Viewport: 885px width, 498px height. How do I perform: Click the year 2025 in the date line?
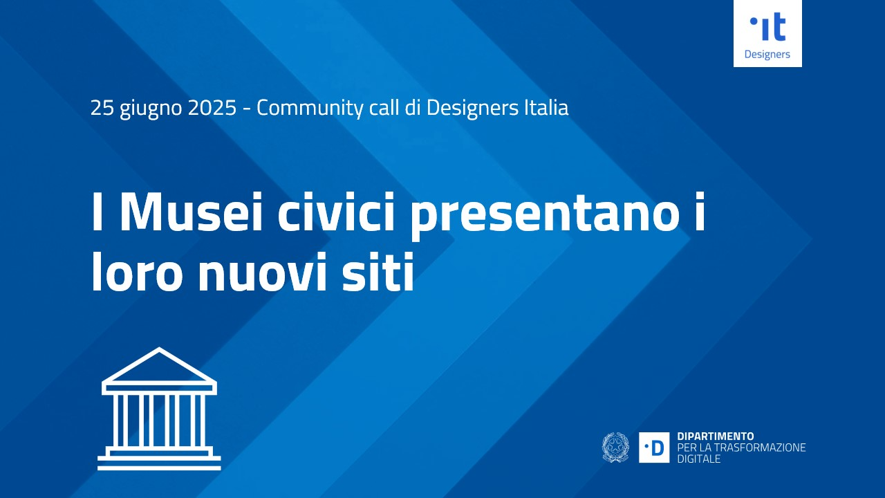(212, 108)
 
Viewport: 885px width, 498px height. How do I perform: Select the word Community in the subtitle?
(309, 109)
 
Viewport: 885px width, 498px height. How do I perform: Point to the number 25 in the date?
(102, 108)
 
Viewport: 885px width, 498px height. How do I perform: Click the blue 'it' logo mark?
(767, 27)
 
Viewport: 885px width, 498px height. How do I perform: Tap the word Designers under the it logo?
(767, 54)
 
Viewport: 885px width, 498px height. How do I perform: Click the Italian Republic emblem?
(615, 447)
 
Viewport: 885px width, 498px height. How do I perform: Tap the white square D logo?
(654, 448)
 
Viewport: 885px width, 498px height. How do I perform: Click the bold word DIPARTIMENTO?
(716, 436)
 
